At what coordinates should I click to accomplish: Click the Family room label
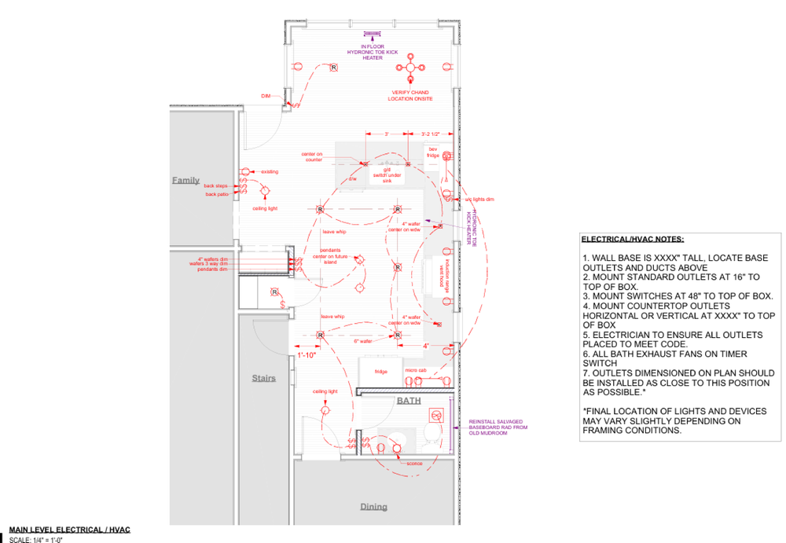click(x=186, y=180)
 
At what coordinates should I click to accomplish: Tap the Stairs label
click(x=264, y=378)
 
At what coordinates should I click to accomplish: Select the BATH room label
click(x=408, y=401)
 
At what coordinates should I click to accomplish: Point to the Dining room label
click(x=373, y=507)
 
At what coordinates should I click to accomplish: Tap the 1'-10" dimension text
click(x=307, y=355)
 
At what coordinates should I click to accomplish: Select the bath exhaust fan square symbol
click(x=439, y=414)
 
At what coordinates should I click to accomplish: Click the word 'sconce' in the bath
click(x=414, y=464)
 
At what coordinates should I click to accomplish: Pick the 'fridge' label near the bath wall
click(x=380, y=371)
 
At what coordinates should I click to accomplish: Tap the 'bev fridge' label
click(x=433, y=152)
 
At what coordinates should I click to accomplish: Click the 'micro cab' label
click(x=415, y=370)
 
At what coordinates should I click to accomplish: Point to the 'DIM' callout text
click(x=266, y=96)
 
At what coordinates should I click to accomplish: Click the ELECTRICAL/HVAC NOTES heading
click(x=632, y=238)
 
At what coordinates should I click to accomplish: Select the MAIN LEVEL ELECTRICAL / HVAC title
click(x=69, y=530)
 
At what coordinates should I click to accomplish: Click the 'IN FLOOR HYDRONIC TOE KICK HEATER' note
click(x=373, y=52)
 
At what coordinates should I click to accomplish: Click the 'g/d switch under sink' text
click(x=387, y=174)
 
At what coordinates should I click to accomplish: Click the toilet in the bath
click(x=432, y=435)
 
